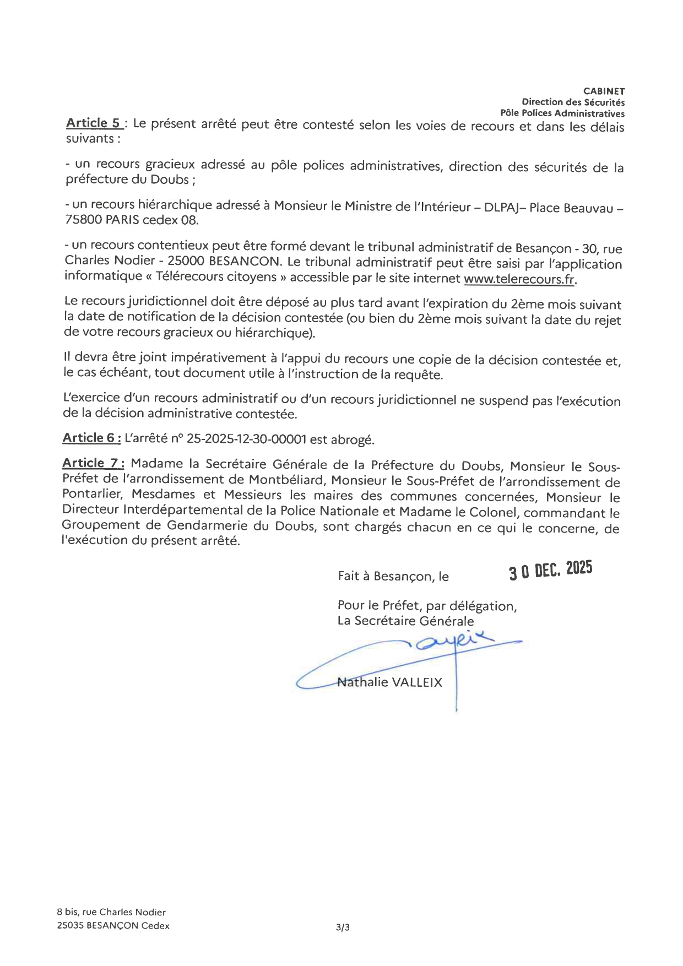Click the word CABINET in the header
(604, 91)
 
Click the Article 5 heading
(93, 123)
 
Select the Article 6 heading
(91, 438)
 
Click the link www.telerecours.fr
(519, 279)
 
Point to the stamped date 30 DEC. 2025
(550, 571)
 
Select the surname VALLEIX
(417, 682)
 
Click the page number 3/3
(342, 927)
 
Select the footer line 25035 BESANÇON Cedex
(113, 926)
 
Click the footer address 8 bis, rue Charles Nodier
(111, 912)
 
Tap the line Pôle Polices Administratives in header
(562, 113)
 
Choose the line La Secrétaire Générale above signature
(405, 621)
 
